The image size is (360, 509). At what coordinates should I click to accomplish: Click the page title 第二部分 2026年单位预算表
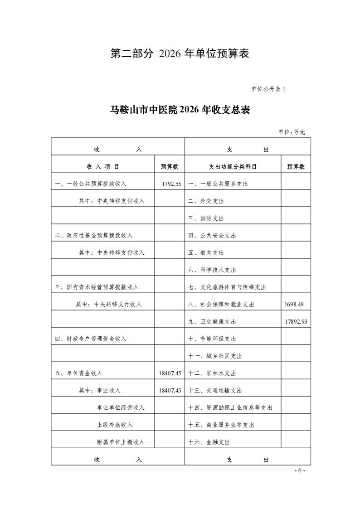(180, 53)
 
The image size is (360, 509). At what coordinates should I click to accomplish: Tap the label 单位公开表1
(268, 89)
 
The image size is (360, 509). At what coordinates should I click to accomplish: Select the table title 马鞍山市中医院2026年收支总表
(180, 110)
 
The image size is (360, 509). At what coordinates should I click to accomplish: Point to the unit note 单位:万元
(292, 132)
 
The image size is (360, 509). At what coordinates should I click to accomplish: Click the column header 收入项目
(103, 166)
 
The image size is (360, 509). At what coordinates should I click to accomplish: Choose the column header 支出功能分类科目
(233, 166)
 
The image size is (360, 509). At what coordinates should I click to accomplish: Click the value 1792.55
(171, 184)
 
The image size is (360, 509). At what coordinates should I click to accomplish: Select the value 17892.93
(296, 321)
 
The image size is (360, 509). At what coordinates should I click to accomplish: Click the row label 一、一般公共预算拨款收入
(91, 184)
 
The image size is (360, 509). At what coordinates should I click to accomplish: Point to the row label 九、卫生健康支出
(212, 321)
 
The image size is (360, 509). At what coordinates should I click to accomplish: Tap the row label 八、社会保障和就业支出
(221, 304)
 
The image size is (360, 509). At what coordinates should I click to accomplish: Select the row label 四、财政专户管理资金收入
(91, 339)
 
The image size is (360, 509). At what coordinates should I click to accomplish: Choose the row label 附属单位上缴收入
(120, 442)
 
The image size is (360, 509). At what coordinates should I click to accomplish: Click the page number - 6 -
(300, 470)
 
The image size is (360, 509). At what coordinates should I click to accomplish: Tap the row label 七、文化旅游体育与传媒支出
(227, 287)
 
